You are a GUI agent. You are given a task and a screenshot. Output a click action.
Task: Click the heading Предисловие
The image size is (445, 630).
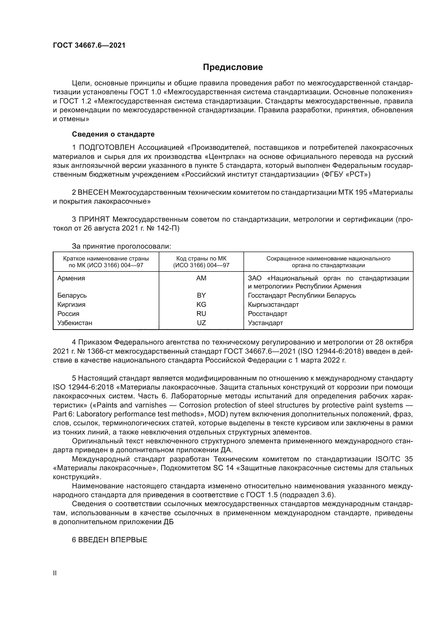233,67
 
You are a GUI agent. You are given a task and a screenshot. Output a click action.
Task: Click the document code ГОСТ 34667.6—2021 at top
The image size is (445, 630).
89,46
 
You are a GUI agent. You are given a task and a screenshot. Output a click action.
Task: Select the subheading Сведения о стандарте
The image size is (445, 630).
113,134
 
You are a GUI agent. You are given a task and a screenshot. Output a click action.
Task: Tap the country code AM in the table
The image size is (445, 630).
201,278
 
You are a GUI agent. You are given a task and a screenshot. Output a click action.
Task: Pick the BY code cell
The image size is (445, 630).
201,295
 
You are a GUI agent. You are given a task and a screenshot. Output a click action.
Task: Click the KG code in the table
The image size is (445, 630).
201,305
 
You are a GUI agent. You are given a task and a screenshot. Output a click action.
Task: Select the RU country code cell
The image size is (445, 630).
201,314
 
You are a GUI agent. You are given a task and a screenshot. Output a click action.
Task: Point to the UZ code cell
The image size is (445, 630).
201,323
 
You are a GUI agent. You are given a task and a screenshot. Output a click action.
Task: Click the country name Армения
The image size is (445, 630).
71,278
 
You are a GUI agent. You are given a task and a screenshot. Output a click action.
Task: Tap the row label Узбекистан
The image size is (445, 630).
75,323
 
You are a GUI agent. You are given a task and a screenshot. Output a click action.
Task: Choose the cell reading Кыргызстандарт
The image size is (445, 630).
273,305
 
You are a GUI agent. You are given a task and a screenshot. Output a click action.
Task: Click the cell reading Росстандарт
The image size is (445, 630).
267,314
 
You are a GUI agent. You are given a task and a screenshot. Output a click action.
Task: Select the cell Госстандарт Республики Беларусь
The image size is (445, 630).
302,295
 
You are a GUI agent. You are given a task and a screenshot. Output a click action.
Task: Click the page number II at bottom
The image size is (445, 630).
55,573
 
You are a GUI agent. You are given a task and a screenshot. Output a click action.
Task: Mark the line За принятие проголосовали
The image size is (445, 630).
121,246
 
